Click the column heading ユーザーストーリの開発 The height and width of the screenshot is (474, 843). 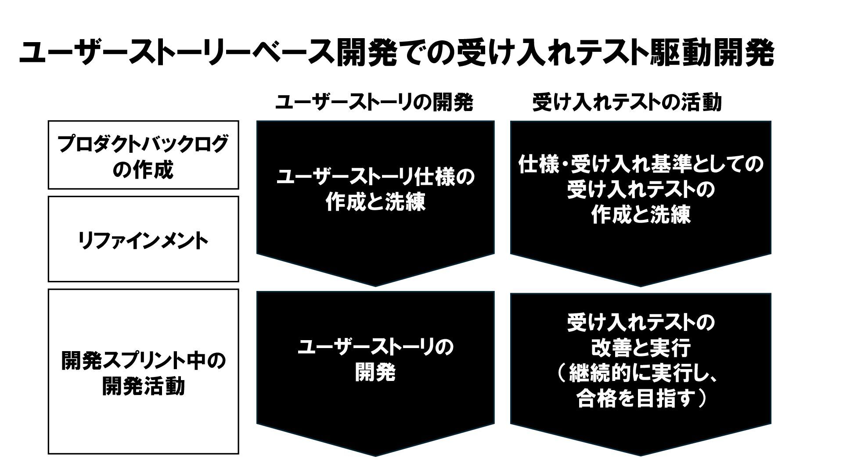pyautogui.click(x=374, y=103)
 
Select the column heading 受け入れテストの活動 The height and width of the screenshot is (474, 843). pyautogui.click(x=627, y=103)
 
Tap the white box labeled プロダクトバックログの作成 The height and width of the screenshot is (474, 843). pyautogui.click(x=143, y=155)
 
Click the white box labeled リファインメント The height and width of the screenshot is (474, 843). pyautogui.click(x=143, y=239)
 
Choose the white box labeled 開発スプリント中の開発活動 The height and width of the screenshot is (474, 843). pyautogui.click(x=143, y=371)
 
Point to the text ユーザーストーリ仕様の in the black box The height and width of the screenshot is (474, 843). pyautogui.click(x=375, y=178)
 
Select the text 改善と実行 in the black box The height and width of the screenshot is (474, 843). pyautogui.click(x=641, y=348)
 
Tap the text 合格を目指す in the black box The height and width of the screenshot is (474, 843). pyautogui.click(x=636, y=399)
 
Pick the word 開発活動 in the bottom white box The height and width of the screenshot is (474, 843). pyautogui.click(x=143, y=386)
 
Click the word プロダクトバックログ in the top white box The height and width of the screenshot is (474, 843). pyautogui.click(x=143, y=144)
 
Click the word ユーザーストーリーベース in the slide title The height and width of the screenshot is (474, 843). pyautogui.click(x=176, y=54)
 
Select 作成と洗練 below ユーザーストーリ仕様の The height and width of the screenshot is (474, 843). pyautogui.click(x=375, y=203)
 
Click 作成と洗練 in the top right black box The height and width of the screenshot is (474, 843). pyautogui.click(x=641, y=215)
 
